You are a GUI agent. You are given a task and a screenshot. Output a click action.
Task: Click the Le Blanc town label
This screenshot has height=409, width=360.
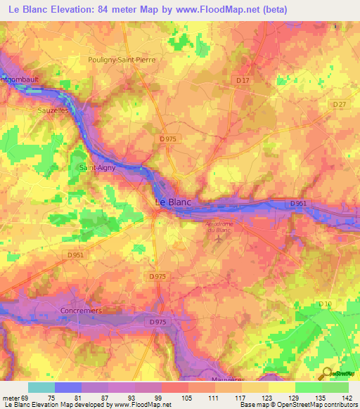[172, 202]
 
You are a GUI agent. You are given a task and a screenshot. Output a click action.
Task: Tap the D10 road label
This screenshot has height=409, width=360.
[324, 303]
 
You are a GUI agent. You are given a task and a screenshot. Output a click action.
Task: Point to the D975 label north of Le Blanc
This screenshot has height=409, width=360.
[168, 139]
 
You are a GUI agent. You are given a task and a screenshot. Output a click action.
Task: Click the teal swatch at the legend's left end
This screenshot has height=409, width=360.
[41, 387]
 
